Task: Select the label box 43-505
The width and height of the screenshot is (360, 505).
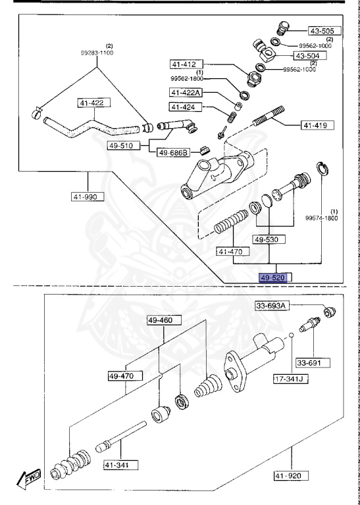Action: click(322, 30)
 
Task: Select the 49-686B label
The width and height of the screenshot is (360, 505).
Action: click(173, 153)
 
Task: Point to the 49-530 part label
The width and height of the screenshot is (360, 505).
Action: click(270, 240)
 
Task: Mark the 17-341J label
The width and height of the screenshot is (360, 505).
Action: click(290, 379)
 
